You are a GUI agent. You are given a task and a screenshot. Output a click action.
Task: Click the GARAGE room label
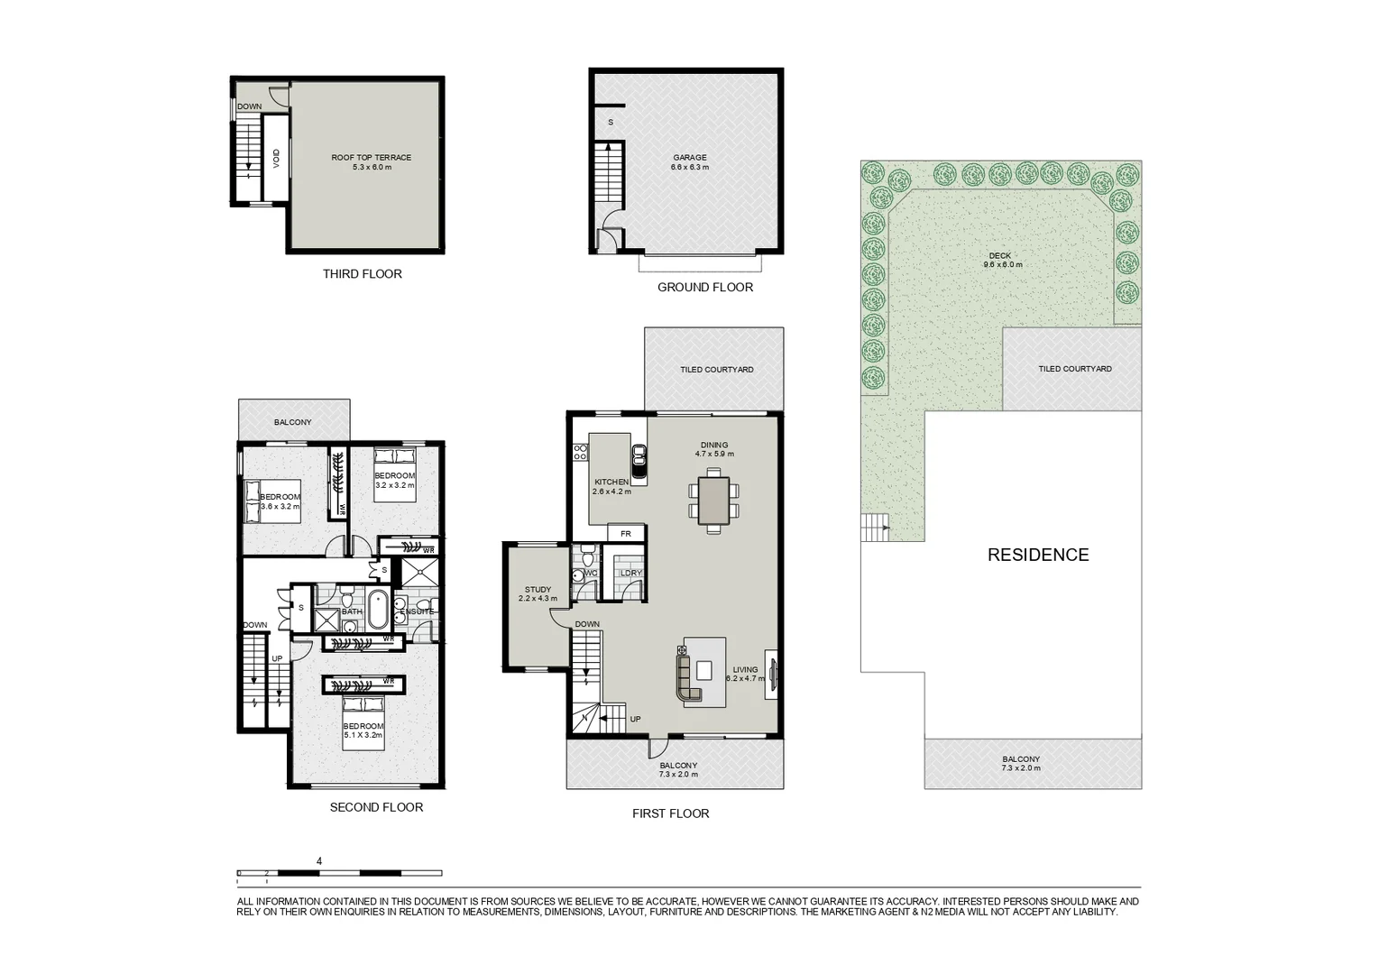click(x=690, y=158)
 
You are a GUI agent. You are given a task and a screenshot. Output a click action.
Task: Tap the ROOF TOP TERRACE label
click(x=371, y=158)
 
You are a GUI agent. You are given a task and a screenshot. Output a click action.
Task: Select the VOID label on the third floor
click(x=276, y=159)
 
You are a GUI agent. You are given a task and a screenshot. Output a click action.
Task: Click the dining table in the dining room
click(x=713, y=501)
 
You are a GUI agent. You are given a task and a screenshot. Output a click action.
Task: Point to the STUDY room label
click(x=538, y=590)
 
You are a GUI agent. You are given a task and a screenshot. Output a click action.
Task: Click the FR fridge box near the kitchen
click(x=626, y=534)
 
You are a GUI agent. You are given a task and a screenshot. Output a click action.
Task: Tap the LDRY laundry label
click(x=630, y=573)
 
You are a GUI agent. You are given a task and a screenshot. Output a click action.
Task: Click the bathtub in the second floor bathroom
click(x=376, y=611)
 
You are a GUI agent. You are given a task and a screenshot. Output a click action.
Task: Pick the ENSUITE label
click(x=418, y=611)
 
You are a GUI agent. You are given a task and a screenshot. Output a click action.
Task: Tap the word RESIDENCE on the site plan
click(x=1038, y=556)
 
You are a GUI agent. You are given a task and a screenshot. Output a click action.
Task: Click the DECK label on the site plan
click(x=999, y=256)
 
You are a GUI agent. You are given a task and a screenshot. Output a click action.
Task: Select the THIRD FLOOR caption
click(x=362, y=274)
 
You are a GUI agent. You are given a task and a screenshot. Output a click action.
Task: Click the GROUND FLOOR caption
click(x=704, y=288)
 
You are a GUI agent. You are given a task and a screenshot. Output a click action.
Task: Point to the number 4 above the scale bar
click(x=319, y=861)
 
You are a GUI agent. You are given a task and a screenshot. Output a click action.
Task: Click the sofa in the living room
click(x=687, y=677)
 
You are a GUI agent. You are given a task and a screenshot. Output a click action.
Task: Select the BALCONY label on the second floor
click(x=292, y=422)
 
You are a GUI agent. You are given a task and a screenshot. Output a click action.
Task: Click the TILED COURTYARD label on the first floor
click(x=716, y=370)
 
